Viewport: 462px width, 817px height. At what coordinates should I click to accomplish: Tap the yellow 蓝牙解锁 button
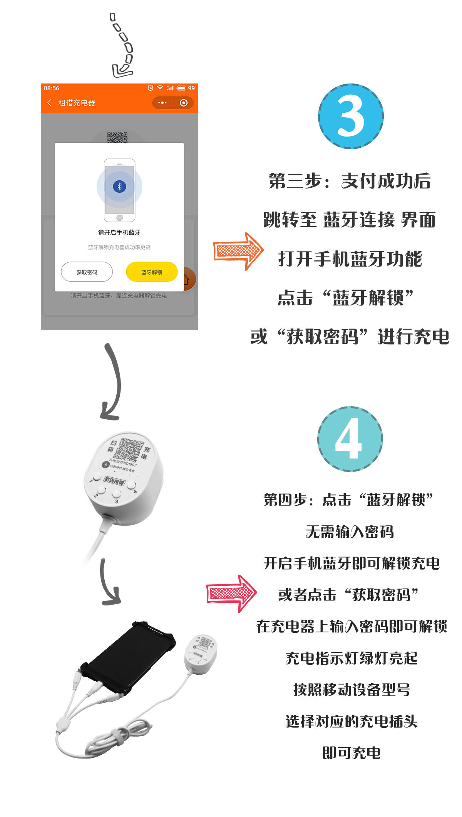pyautogui.click(x=152, y=272)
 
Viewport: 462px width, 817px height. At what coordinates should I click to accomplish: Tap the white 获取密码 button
pyautogui.click(x=87, y=272)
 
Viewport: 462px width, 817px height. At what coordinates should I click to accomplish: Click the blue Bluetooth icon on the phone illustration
pyautogui.click(x=119, y=187)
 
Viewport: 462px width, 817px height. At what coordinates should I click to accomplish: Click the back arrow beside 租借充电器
pyautogui.click(x=49, y=103)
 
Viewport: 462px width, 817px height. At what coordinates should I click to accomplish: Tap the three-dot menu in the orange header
pyautogui.click(x=162, y=103)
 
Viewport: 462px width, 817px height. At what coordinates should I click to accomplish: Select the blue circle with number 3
pyautogui.click(x=351, y=116)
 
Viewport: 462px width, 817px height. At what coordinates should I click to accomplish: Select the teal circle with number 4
pyautogui.click(x=350, y=439)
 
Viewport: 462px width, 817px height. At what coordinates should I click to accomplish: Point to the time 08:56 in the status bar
pyautogui.click(x=52, y=88)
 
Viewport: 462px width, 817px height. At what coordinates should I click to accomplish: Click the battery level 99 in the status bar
pyautogui.click(x=191, y=88)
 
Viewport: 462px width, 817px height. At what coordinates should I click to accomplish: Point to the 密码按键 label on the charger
pyautogui.click(x=115, y=481)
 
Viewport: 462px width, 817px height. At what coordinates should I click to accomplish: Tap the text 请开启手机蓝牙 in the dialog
pyautogui.click(x=119, y=232)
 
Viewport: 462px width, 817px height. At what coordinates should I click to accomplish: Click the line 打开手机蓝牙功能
pyautogui.click(x=350, y=258)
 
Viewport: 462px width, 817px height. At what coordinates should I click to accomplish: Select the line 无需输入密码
pyautogui.click(x=350, y=532)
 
